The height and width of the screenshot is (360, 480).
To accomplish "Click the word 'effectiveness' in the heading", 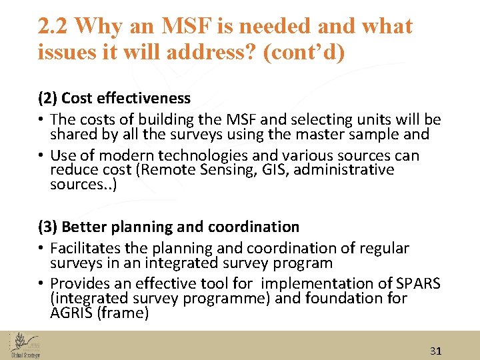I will [x=144, y=99].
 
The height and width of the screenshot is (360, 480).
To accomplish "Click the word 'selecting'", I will [x=321, y=120].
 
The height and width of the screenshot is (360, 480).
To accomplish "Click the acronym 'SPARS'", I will [x=418, y=284].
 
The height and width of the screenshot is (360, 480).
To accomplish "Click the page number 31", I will [x=435, y=351].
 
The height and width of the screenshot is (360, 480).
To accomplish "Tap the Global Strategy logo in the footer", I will [x=25, y=345].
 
